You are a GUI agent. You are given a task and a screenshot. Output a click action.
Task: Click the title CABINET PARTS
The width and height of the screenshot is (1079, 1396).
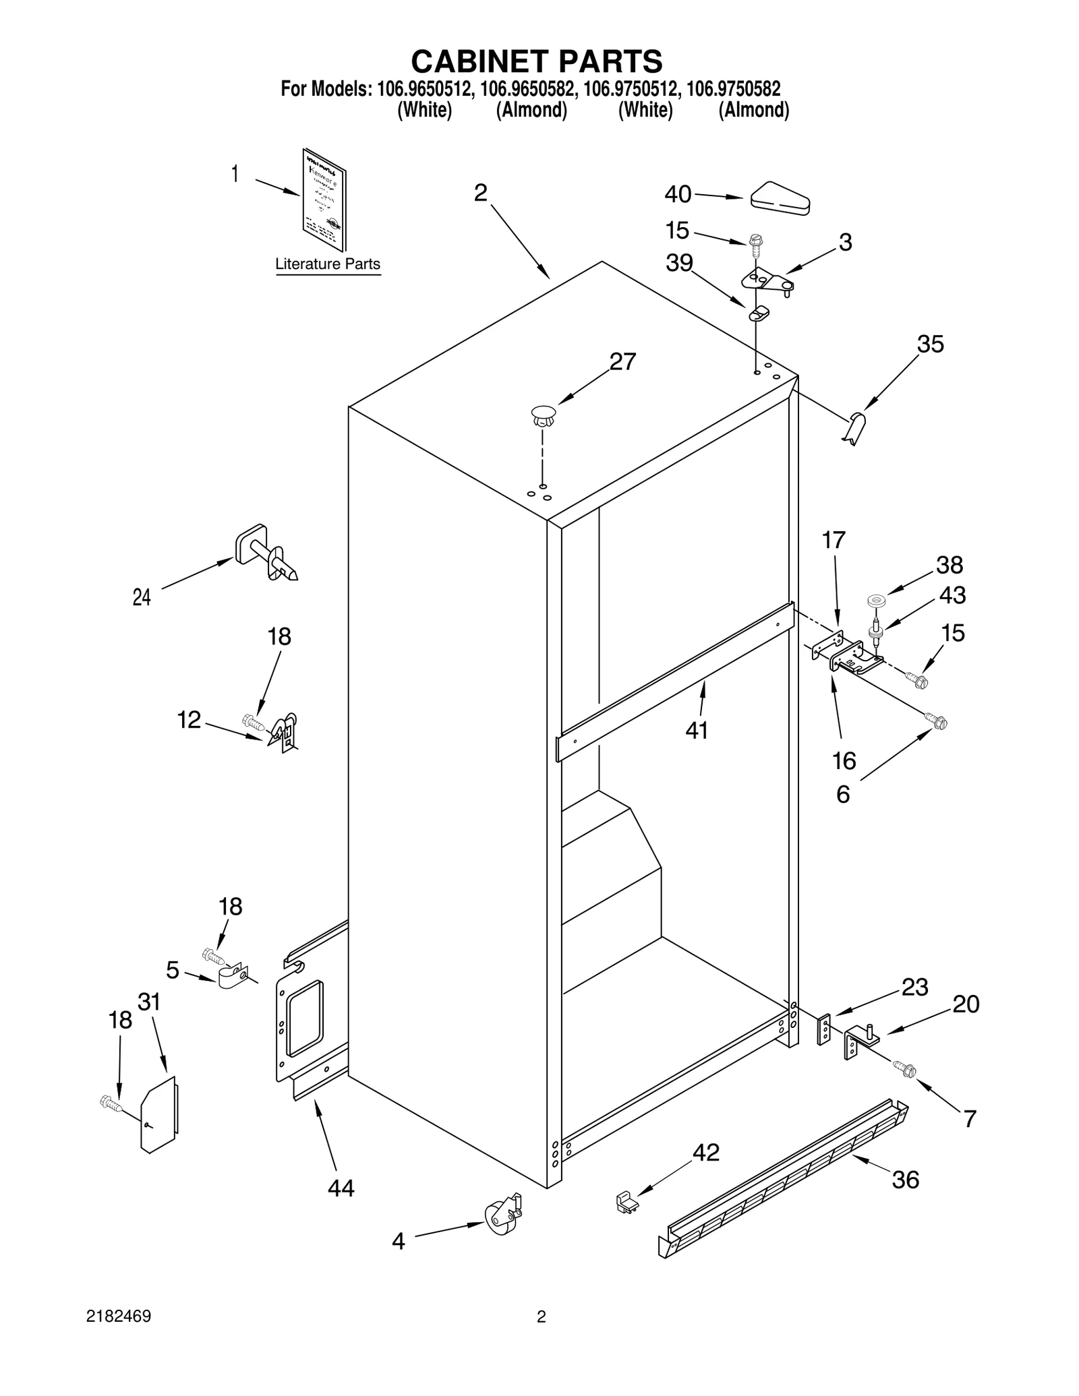[537, 61]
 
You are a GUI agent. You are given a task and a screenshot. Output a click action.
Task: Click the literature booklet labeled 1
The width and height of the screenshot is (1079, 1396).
[324, 200]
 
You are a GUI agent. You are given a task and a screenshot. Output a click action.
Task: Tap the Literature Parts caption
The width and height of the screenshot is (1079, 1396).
[328, 264]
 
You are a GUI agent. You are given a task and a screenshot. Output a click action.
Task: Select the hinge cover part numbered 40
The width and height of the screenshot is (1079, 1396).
[780, 198]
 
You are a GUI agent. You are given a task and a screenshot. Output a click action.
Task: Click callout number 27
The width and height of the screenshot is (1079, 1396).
[622, 362]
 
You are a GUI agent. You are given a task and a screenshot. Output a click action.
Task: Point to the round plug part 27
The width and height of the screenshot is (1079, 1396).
[544, 415]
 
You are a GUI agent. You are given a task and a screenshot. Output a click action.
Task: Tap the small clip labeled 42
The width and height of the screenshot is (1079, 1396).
[627, 1203]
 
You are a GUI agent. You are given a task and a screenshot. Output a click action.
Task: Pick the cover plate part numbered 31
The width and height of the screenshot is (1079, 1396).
[158, 1113]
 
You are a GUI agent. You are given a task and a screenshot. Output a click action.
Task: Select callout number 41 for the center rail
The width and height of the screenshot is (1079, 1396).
[697, 730]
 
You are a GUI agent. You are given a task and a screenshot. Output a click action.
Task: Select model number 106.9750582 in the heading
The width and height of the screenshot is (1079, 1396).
[733, 89]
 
